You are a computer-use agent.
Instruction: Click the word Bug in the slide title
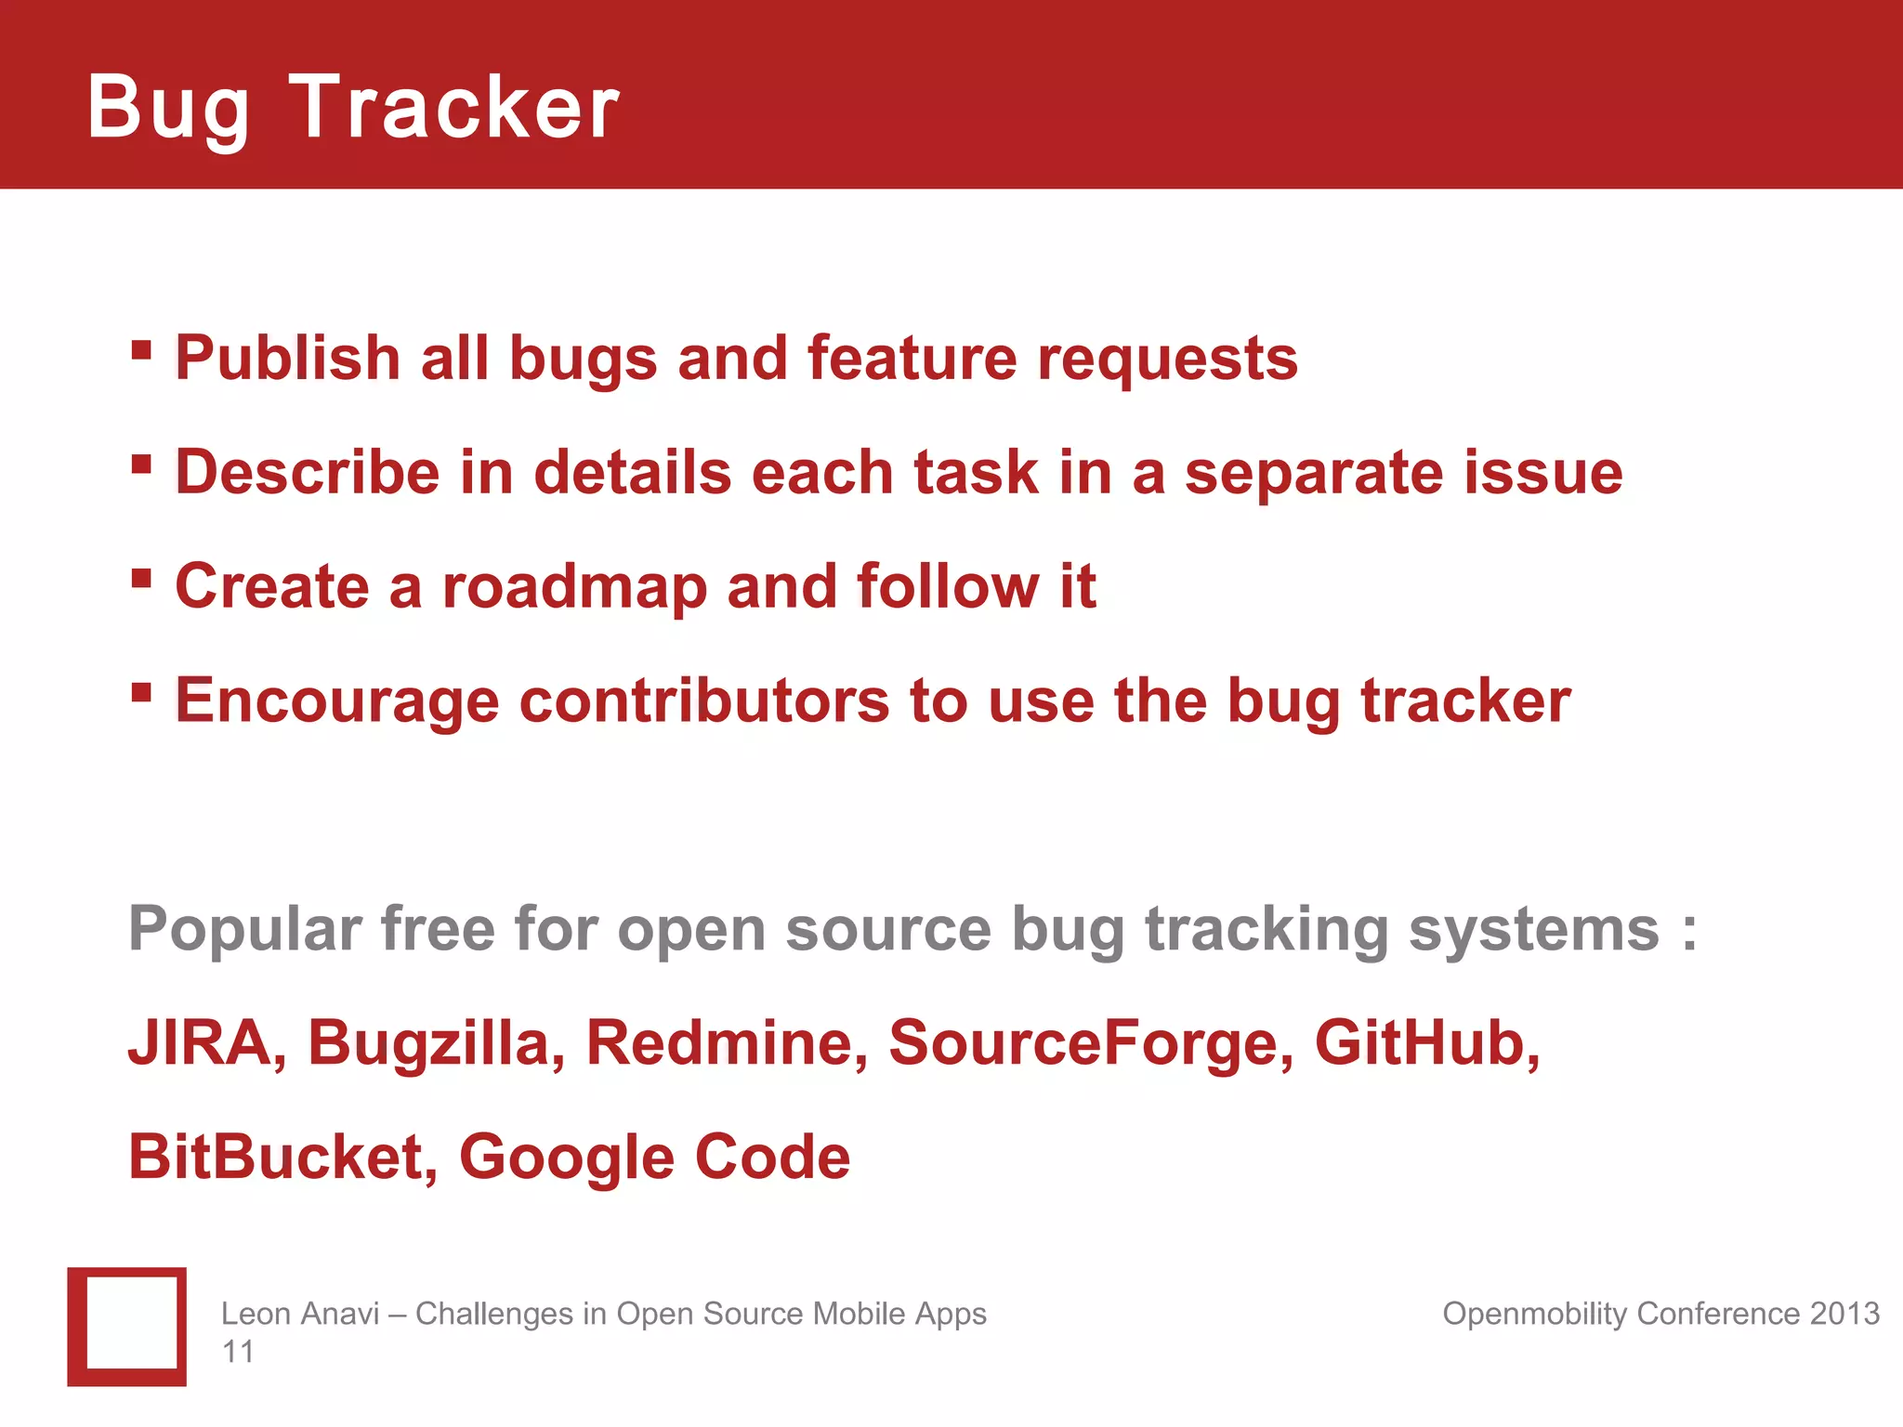(168, 110)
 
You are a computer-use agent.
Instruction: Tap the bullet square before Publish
(141, 349)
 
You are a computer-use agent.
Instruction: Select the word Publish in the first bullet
(287, 359)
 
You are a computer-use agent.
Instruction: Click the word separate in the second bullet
(1314, 474)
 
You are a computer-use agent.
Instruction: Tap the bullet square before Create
(141, 578)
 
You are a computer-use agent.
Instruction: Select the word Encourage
(336, 701)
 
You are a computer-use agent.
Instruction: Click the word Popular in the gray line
(244, 929)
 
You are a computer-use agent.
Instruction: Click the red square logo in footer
(126, 1326)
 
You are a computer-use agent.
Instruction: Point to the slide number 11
(237, 1352)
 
